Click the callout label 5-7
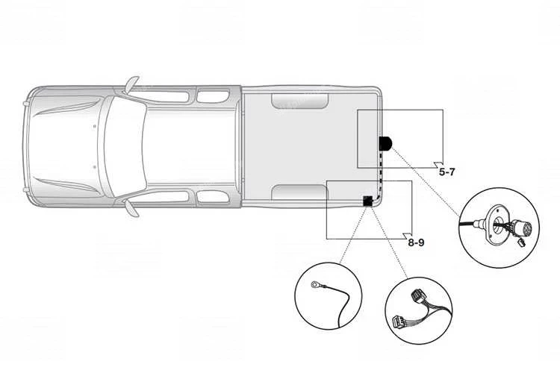pos(447,172)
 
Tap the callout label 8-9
pos(416,242)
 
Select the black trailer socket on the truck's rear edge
pos(385,144)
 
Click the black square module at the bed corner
pos(367,201)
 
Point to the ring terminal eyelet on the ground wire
pos(315,284)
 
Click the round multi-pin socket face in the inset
pos(523,227)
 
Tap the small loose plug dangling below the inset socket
pos(521,243)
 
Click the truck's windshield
pos(123,146)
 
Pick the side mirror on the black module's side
pos(131,208)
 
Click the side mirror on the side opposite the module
pos(131,85)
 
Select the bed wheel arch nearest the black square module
pos(299,192)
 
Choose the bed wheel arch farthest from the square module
pos(299,101)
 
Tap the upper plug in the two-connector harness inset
pos(417,296)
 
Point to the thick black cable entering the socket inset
pos(467,224)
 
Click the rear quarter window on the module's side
pos(213,197)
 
